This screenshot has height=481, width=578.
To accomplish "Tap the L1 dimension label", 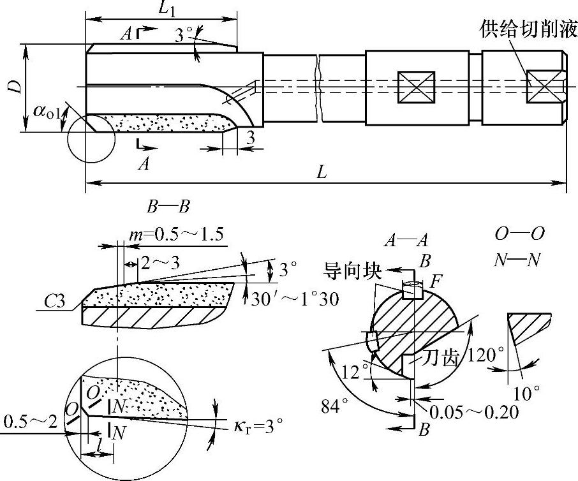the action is tap(168, 9).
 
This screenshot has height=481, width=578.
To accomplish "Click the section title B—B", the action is tap(168, 207).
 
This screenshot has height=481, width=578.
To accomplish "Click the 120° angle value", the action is tap(486, 353).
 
